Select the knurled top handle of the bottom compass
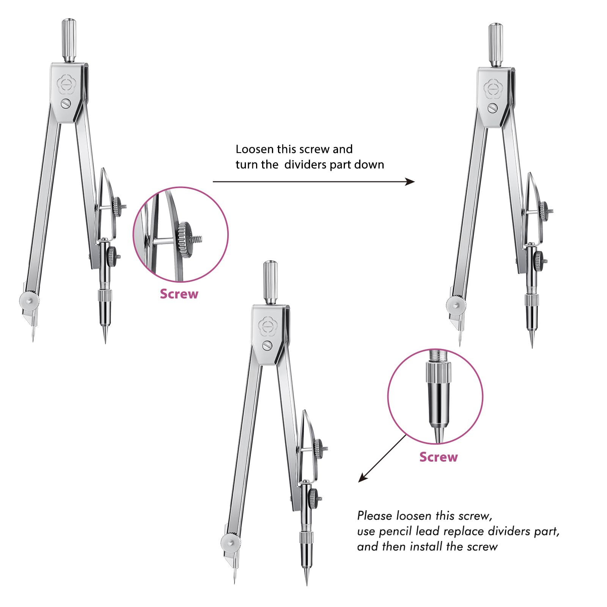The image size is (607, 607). pos(270,281)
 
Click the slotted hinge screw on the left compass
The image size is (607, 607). pos(66,103)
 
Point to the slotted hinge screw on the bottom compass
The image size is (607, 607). pos(267,345)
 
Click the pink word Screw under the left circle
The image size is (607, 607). pos(179,294)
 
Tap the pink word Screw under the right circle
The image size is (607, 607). pos(439,457)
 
